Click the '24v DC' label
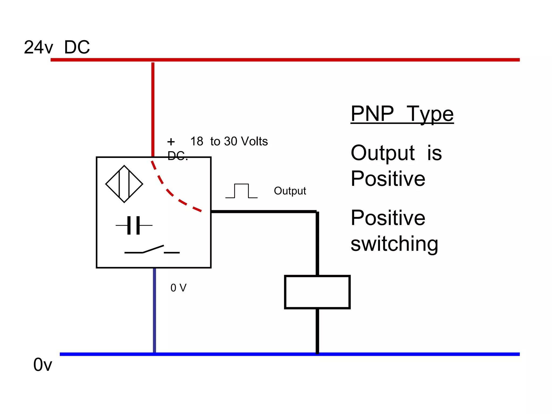tap(57, 47)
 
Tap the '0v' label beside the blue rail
tap(43, 365)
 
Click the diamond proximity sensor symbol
tap(124, 184)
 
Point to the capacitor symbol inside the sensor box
tap(134, 225)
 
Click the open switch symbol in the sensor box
tap(152, 250)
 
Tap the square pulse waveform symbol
tap(241, 191)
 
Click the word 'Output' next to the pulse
tap(290, 191)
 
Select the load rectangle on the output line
tap(317, 292)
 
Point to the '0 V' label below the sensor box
tap(178, 288)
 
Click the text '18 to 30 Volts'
tap(229, 141)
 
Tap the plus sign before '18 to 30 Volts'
tap(171, 142)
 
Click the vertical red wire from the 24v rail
tap(153, 108)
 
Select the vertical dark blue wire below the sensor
tap(154, 310)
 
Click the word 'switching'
tap(394, 244)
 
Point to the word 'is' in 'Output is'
tap(434, 153)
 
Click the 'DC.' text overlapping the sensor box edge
tap(177, 156)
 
